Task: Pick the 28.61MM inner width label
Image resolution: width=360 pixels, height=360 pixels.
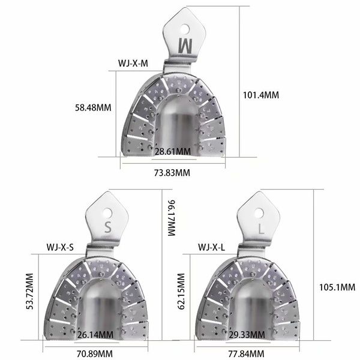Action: coord(172,152)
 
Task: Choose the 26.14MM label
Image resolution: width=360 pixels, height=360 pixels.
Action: coord(96,334)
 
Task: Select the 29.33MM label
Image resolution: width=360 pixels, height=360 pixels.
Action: coord(247,334)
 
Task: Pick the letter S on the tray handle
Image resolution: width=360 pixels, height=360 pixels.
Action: coord(108,227)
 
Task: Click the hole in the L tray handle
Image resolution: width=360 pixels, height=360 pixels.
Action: coord(258,212)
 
